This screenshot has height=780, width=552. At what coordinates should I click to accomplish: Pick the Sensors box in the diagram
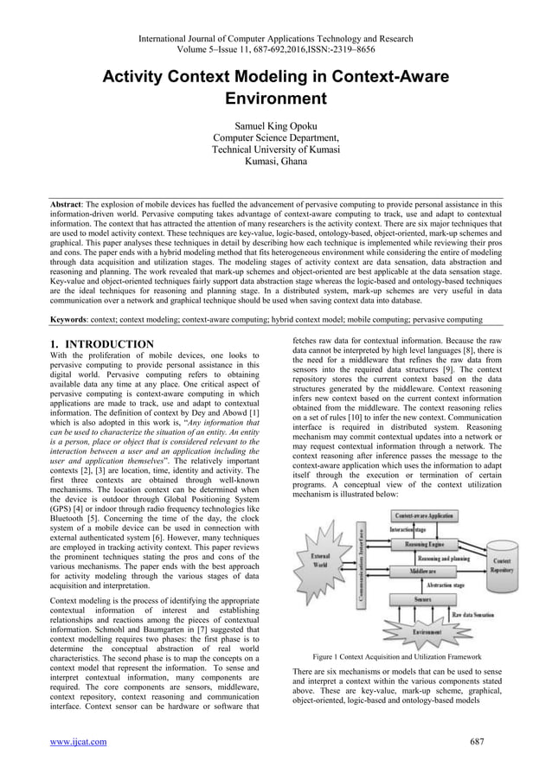coord(422,598)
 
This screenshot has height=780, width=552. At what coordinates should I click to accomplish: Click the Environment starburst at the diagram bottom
coord(423,631)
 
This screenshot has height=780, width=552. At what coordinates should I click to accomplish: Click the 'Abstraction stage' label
coord(447,585)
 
